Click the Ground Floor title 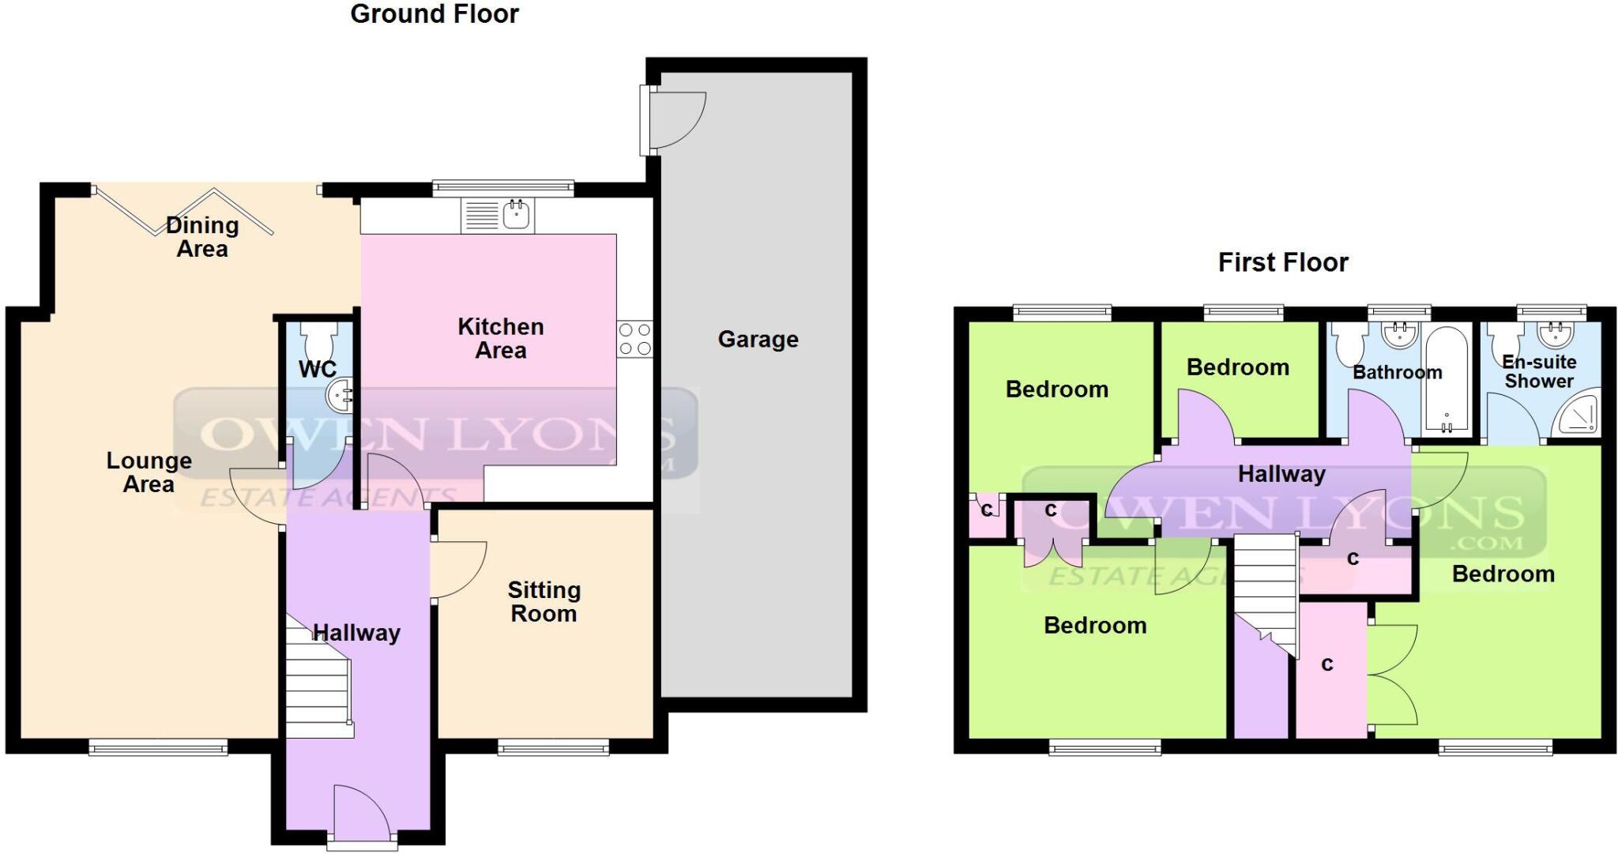435,14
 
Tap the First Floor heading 1282,262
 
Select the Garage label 758,340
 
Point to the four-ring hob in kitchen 635,338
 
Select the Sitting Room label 544,602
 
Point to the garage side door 675,121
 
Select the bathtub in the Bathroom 1446,380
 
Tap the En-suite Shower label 1538,371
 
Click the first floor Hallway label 1281,474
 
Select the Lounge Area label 149,472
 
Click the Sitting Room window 553,747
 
